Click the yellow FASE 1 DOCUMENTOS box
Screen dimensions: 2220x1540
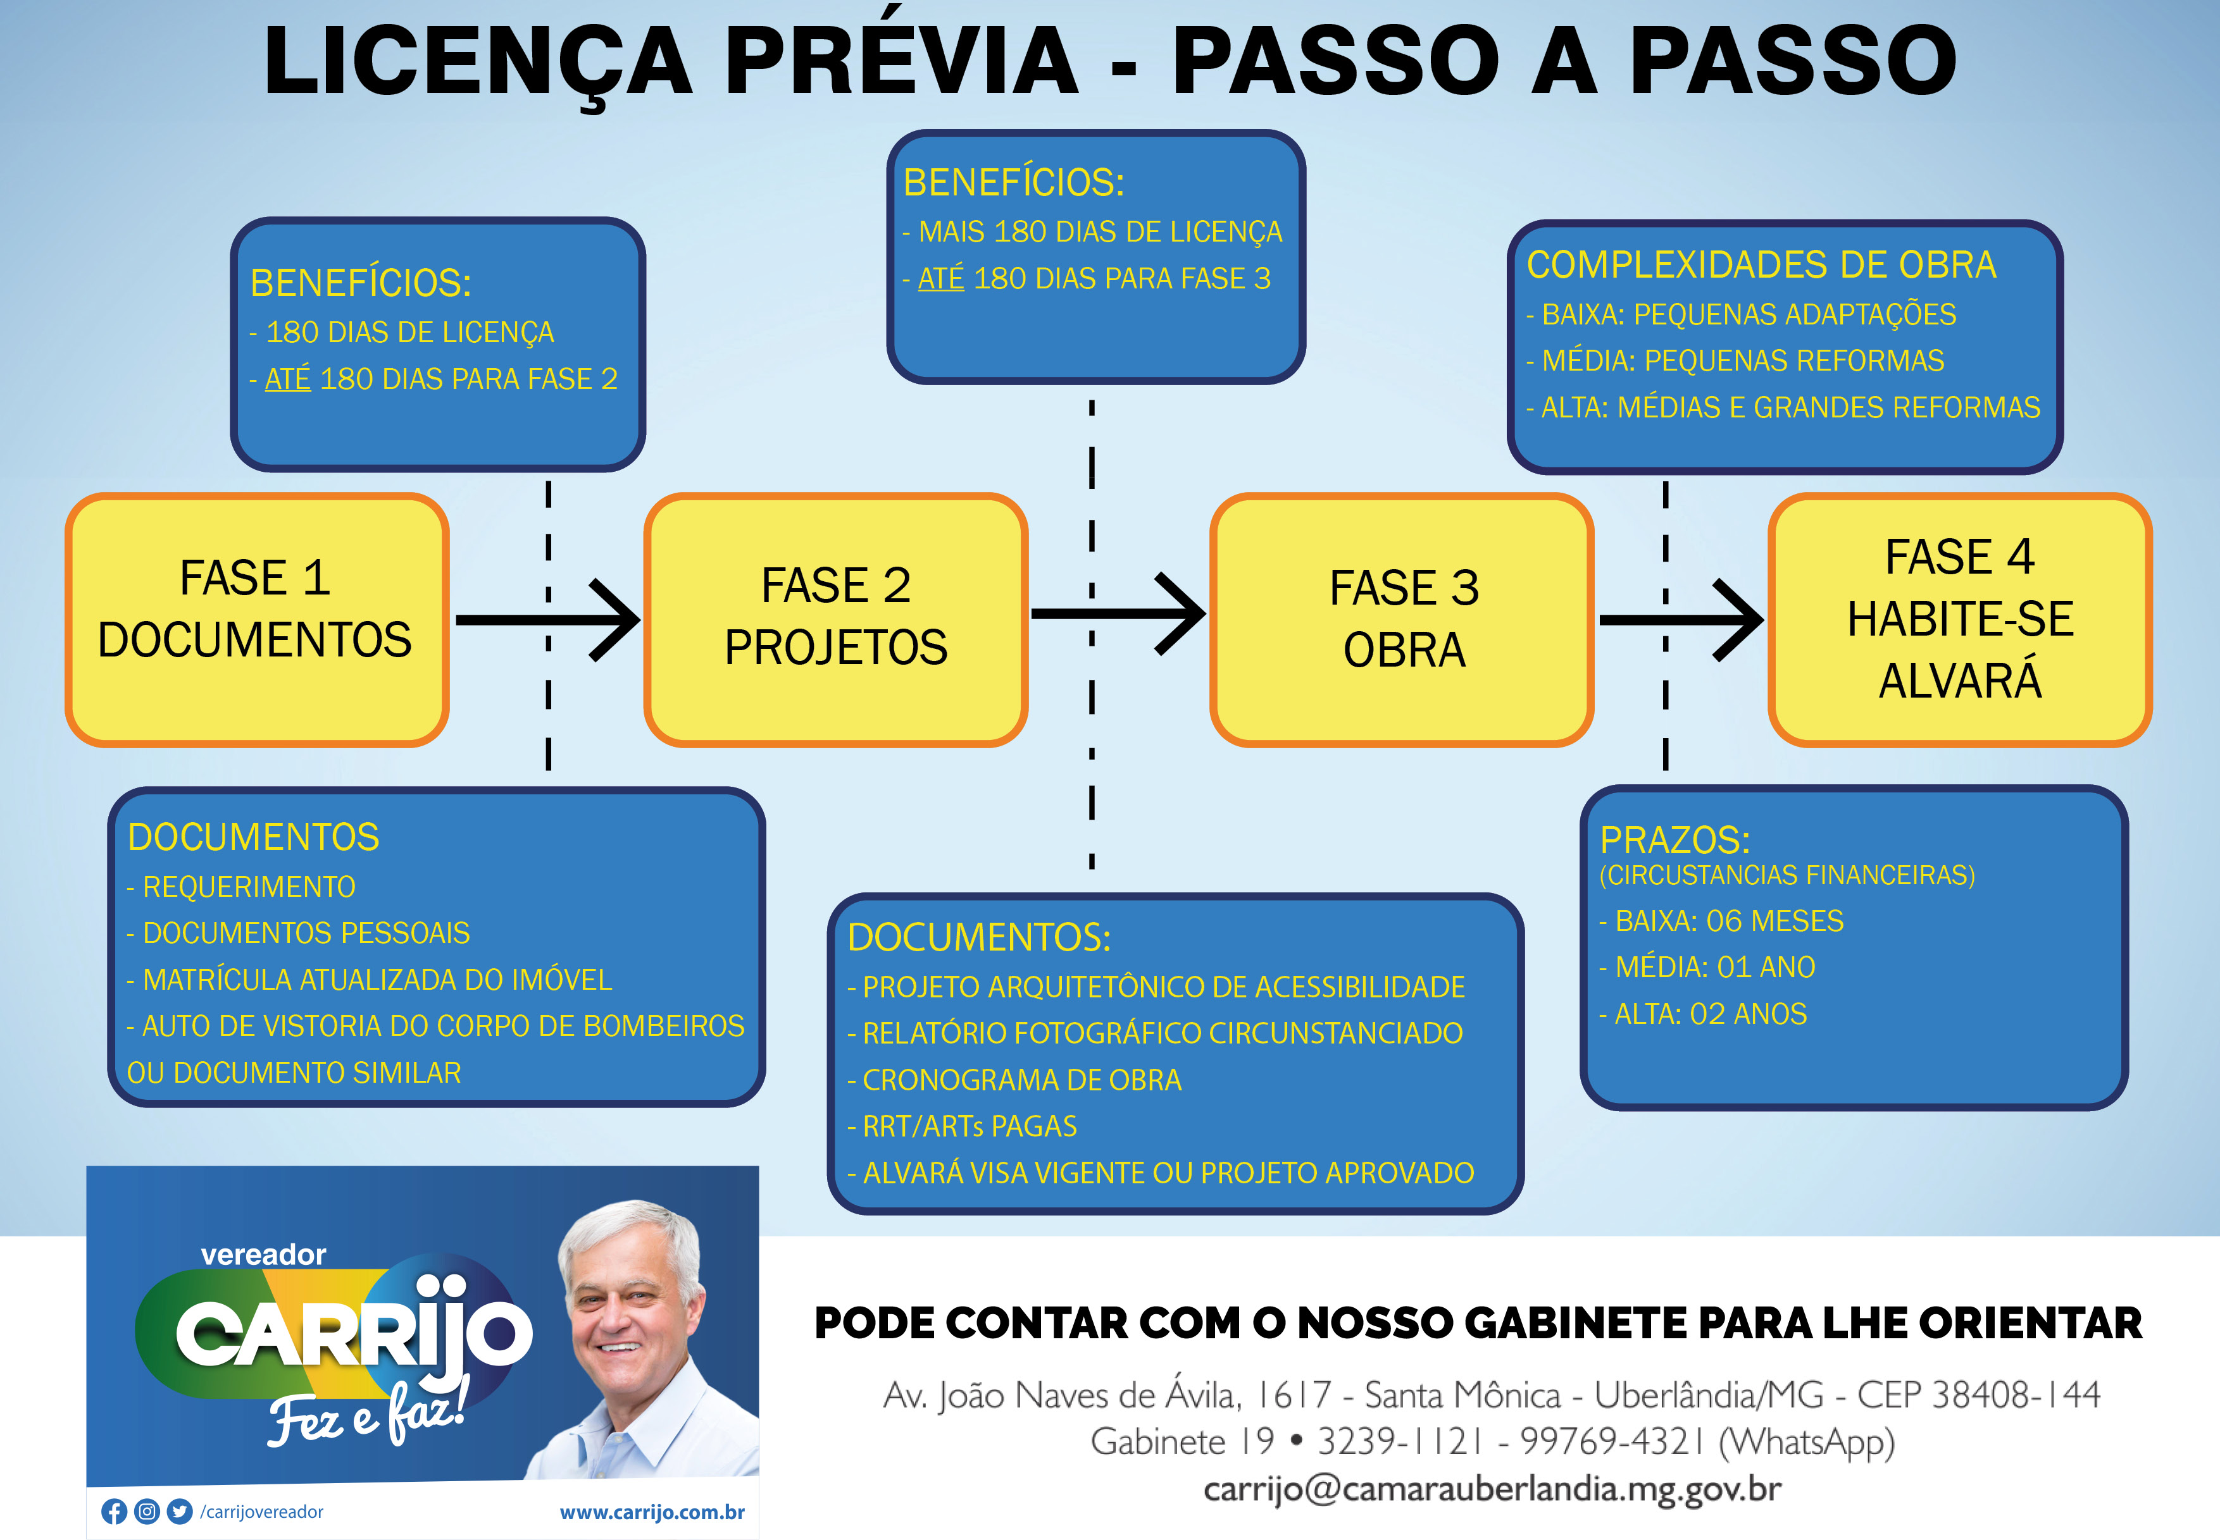click(x=257, y=619)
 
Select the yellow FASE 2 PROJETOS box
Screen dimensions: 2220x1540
click(x=836, y=619)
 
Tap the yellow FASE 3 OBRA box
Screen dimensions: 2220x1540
click(x=1402, y=619)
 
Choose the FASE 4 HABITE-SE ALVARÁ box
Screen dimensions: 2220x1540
click(x=1961, y=619)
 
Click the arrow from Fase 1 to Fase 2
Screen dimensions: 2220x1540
click(x=547, y=619)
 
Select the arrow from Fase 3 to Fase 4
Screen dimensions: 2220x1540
click(x=1681, y=619)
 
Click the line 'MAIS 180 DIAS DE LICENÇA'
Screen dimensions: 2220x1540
click(x=1093, y=231)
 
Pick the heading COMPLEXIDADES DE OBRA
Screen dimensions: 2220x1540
click(x=1762, y=264)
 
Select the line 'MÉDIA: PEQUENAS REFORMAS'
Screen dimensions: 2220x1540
click(x=1735, y=361)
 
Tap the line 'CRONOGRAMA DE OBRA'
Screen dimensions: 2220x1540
click(x=1014, y=1080)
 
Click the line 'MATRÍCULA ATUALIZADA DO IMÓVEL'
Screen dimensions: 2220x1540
click(x=370, y=980)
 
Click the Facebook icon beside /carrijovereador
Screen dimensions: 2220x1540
click(x=114, y=1511)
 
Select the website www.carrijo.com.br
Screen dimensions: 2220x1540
click(x=652, y=1512)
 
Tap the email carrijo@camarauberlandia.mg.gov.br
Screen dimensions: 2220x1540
click(x=1492, y=1489)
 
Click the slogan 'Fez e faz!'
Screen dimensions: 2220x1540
click(x=367, y=1411)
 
